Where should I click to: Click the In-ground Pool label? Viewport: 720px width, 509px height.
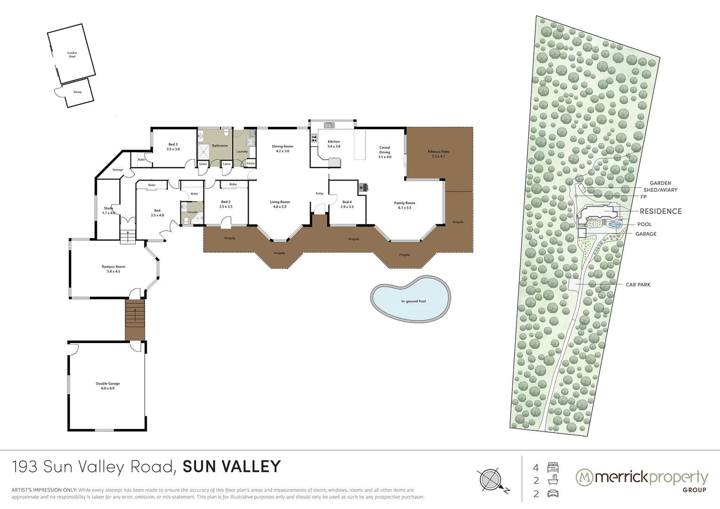point(413,301)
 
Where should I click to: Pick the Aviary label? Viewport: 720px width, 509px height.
point(77,92)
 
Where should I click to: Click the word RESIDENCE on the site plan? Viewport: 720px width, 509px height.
point(661,211)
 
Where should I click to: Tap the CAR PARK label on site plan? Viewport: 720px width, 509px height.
point(638,285)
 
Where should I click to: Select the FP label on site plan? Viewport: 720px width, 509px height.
point(643,197)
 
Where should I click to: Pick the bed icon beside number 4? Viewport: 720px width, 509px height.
point(553,468)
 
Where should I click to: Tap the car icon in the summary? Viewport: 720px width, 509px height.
point(553,494)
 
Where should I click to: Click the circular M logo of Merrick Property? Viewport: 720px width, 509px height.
point(584,477)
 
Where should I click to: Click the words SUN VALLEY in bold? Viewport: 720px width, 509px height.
point(231,467)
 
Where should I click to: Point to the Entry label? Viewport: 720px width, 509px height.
point(319,193)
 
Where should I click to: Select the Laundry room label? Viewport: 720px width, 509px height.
point(242,151)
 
